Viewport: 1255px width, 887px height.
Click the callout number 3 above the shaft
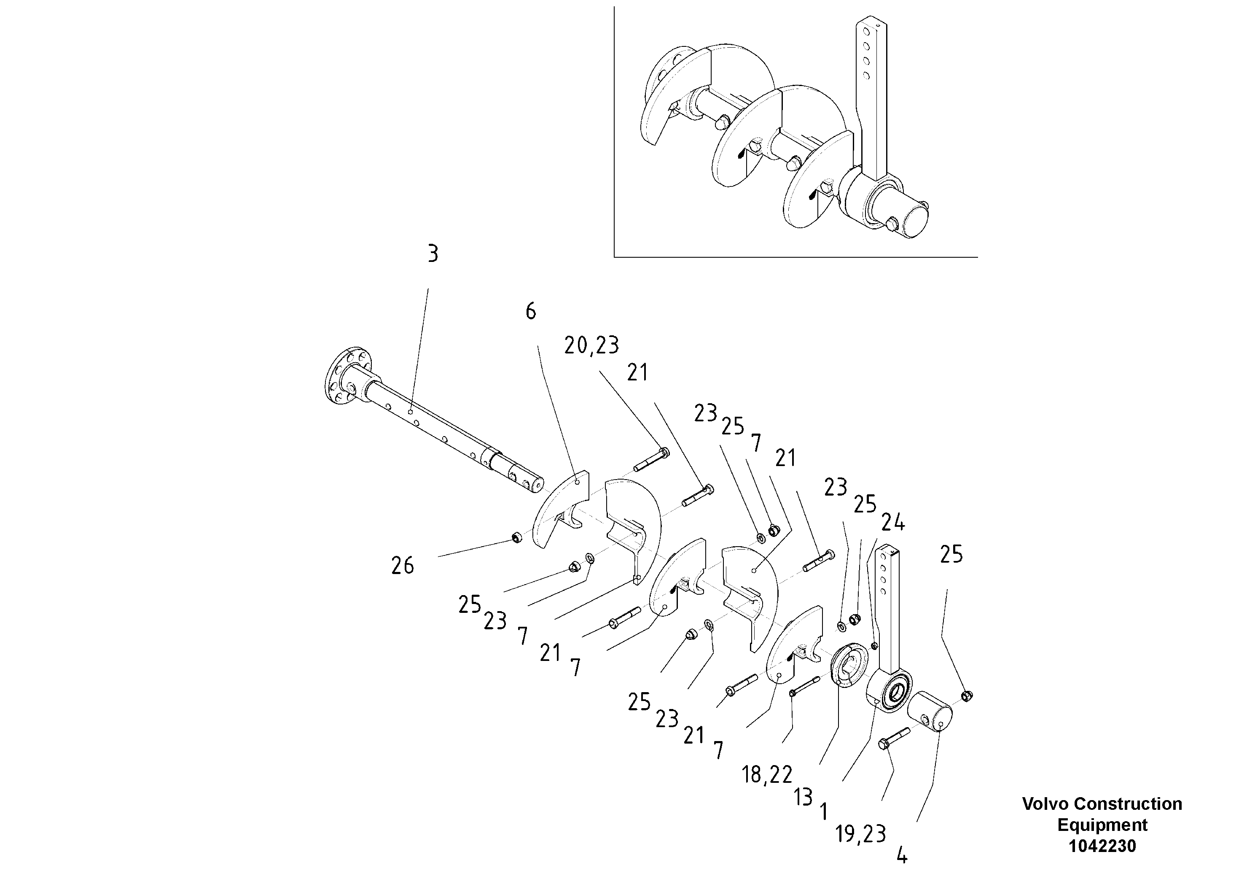[x=433, y=254]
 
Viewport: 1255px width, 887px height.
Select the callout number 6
[x=531, y=312]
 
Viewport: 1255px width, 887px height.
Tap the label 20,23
[x=591, y=345]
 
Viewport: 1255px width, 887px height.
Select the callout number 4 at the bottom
[x=902, y=855]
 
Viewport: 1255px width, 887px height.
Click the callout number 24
[x=892, y=523]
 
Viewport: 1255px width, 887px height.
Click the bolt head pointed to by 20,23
[x=664, y=452]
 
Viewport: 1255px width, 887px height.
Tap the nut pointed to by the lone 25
[x=966, y=696]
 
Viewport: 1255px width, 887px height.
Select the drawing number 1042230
[x=1102, y=846]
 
